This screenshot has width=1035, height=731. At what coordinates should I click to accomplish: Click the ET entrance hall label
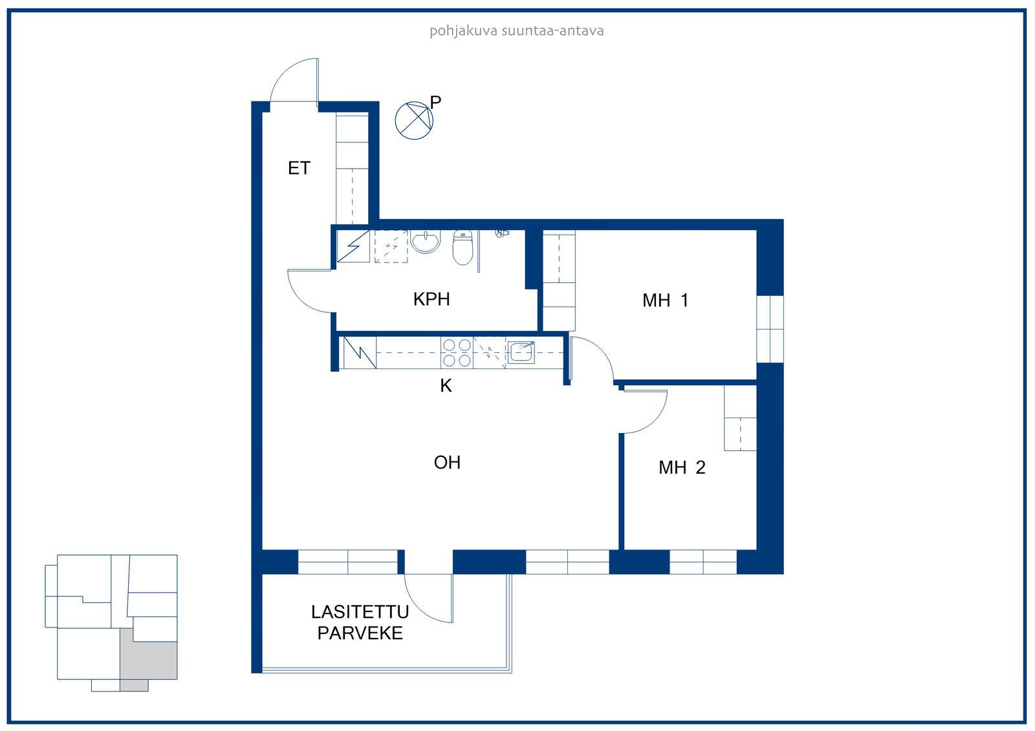pos(299,168)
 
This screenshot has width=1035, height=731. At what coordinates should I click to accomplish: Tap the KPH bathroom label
pos(431,299)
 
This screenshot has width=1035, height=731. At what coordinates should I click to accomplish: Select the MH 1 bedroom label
pos(666,301)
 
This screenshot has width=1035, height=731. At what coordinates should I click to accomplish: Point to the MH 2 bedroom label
pos(682,468)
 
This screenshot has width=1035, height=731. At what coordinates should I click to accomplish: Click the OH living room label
pos(447,463)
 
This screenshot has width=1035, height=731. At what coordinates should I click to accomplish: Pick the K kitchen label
pos(446,386)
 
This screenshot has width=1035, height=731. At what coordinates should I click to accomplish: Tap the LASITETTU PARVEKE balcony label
pos(360,622)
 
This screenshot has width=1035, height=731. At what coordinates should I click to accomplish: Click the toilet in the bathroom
pos(463,248)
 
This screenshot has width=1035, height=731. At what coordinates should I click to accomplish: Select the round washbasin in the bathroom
pos(426,241)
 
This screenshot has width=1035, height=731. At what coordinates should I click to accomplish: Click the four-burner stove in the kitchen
pos(457,352)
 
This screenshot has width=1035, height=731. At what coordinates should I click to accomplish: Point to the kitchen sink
pos(521,352)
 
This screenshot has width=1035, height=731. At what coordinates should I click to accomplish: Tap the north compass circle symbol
pos(414,120)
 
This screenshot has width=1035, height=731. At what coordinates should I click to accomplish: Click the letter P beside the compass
pos(435,102)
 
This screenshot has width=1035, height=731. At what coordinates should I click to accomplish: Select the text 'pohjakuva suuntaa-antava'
pos(517,31)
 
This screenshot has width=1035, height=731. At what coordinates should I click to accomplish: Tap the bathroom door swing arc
pos(303,300)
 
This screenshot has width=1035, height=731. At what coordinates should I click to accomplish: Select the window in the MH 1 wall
pos(770,329)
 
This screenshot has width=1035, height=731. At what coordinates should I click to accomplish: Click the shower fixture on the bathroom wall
pos(502,233)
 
